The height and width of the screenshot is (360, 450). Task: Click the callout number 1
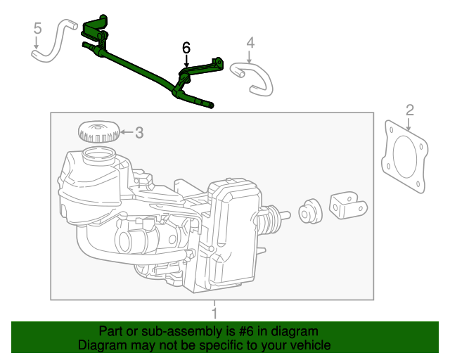click(x=215, y=311)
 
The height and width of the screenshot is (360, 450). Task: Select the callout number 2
click(x=410, y=109)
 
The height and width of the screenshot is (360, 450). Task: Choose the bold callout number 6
click(x=186, y=48)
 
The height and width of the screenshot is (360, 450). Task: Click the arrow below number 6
click(x=186, y=62)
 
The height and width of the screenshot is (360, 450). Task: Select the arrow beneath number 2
click(x=410, y=124)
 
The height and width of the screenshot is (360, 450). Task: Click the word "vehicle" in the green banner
click(x=308, y=345)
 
